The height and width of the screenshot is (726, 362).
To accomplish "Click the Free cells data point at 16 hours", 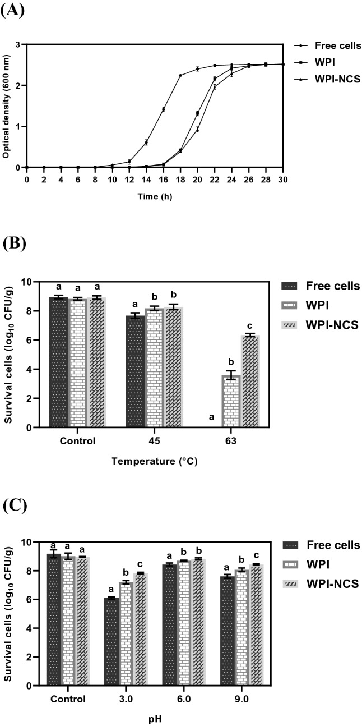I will pyautogui.click(x=163, y=109).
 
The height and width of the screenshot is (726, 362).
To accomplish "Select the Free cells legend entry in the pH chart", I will pyautogui.click(x=333, y=545).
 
